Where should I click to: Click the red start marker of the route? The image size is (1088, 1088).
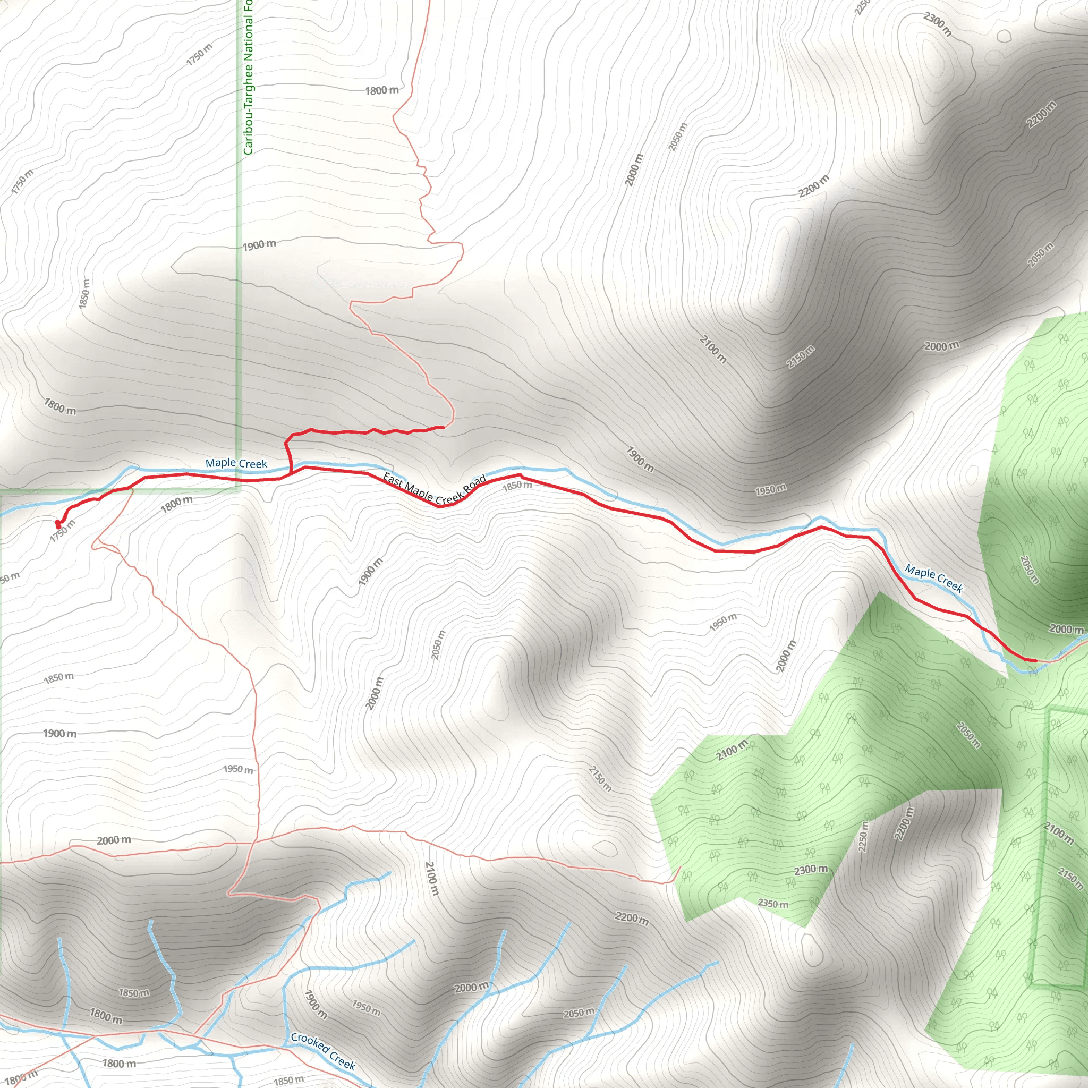click(57, 525)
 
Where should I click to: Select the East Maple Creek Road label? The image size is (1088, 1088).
click(433, 488)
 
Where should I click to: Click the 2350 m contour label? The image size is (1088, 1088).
click(772, 903)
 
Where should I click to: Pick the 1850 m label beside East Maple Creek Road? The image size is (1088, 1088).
click(516, 486)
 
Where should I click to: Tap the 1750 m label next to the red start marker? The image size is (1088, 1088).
click(62, 531)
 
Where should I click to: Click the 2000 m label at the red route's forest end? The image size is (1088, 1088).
click(1066, 629)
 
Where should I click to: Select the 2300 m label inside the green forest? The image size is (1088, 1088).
click(811, 870)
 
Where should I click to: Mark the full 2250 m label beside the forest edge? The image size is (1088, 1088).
click(863, 836)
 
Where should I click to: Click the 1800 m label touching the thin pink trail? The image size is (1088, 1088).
click(382, 90)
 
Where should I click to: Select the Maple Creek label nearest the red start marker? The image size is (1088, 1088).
click(236, 463)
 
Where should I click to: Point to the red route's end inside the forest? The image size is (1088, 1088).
click(1035, 660)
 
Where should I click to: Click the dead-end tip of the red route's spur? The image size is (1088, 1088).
click(444, 428)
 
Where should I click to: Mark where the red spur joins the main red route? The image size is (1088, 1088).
click(291, 473)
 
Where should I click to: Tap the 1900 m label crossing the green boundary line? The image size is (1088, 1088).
click(259, 245)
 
